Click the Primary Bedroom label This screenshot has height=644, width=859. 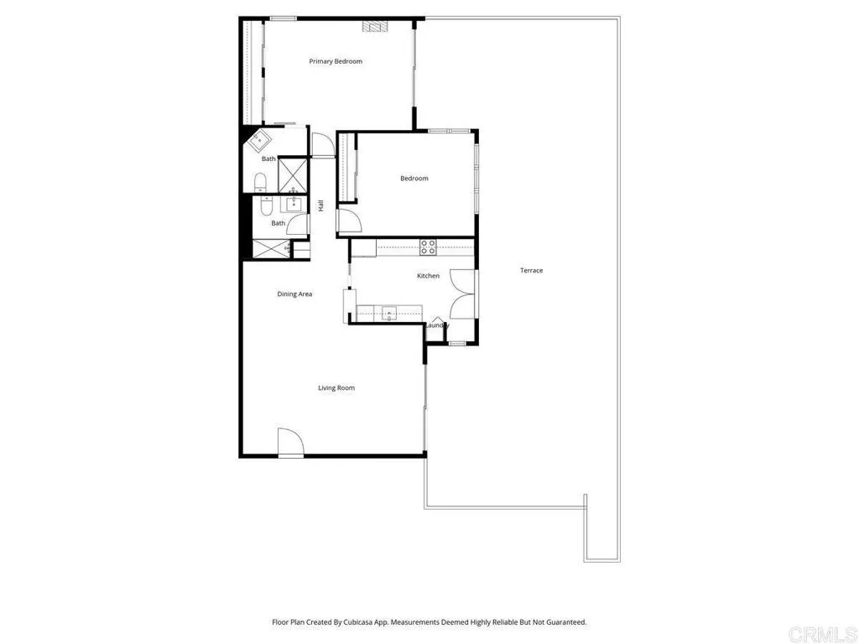click(x=336, y=61)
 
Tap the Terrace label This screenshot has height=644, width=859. click(x=531, y=270)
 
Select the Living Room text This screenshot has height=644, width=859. click(x=336, y=387)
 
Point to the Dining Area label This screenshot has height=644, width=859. click(x=294, y=294)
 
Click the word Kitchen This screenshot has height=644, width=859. click(x=428, y=276)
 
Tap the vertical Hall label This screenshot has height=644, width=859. click(x=320, y=205)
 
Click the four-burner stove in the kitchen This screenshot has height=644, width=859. click(x=428, y=247)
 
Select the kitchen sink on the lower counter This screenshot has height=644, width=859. click(x=389, y=314)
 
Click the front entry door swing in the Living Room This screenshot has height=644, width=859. click(x=289, y=442)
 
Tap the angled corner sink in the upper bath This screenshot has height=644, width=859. click(x=258, y=140)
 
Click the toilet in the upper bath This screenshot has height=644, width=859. click(x=260, y=182)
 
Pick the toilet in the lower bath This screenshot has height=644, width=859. click(x=265, y=204)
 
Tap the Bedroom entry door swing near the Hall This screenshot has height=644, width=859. click(x=349, y=221)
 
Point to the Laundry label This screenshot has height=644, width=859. click(x=437, y=325)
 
